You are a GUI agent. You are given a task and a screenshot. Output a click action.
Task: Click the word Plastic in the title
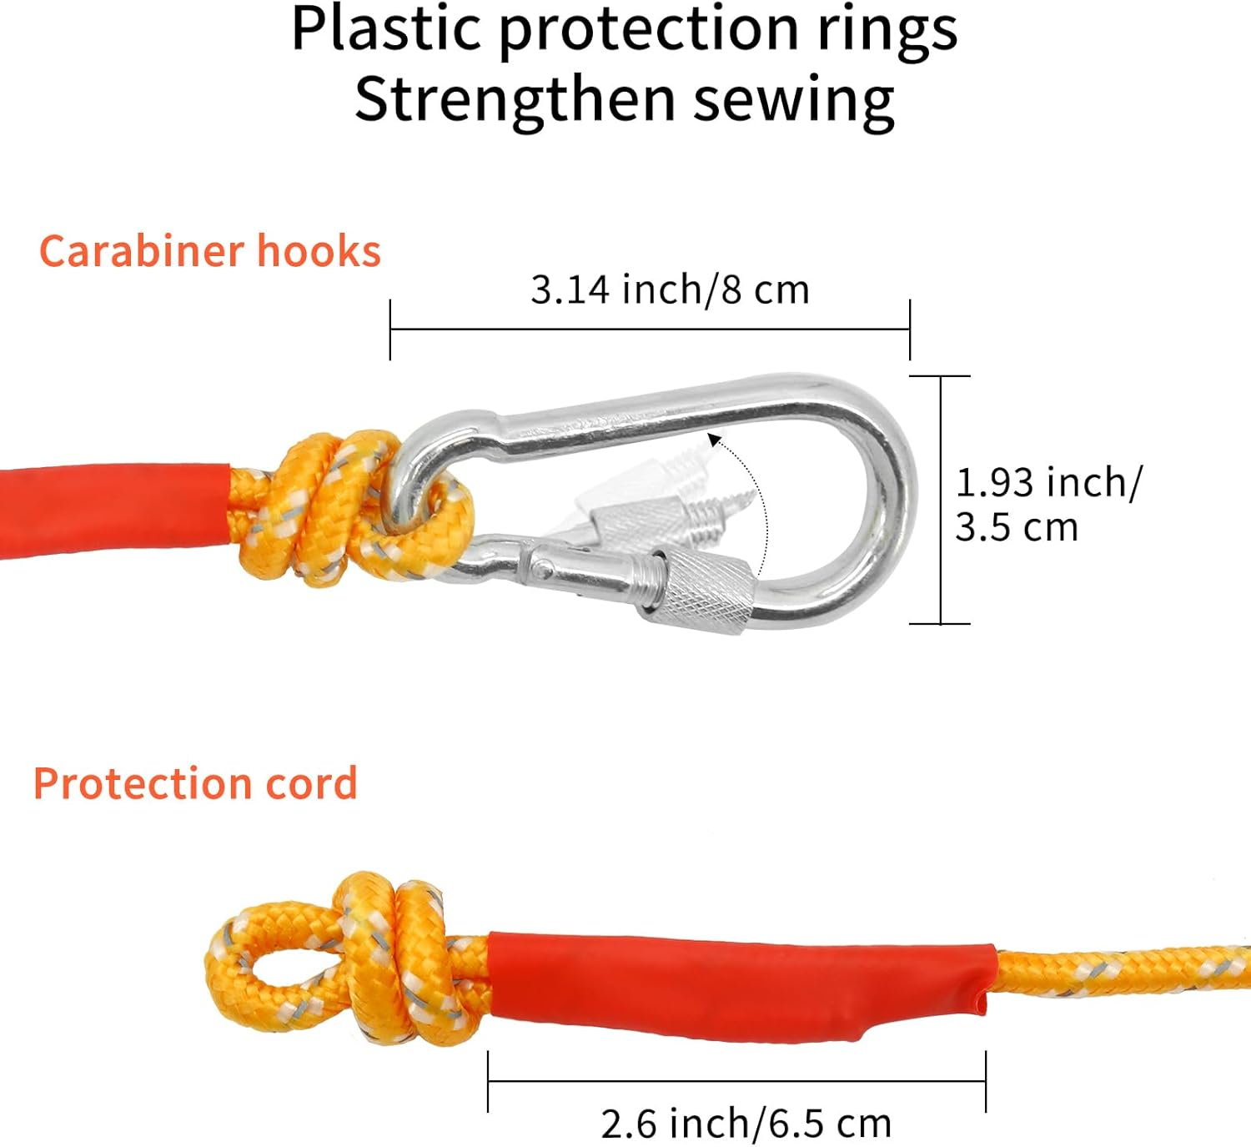coord(385,30)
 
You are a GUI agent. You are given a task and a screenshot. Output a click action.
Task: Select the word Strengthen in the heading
coord(515,100)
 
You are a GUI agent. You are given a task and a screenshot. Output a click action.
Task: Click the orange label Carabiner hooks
coord(210,251)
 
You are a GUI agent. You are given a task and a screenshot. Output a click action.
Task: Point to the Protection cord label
coord(195,784)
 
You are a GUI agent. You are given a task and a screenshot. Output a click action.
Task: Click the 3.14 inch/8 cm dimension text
coord(670,290)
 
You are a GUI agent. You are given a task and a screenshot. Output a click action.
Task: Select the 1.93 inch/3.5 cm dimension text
coord(1047,505)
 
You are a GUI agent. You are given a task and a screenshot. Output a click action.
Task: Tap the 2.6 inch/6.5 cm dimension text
coord(746,1124)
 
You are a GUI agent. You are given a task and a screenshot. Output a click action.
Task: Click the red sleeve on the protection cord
coord(734,984)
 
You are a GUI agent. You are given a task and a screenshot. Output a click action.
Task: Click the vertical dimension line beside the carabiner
coord(941,500)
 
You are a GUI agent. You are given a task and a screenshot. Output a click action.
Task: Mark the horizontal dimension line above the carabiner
coord(650,330)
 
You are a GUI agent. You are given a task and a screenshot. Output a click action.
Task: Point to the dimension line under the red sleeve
coord(736,1082)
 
